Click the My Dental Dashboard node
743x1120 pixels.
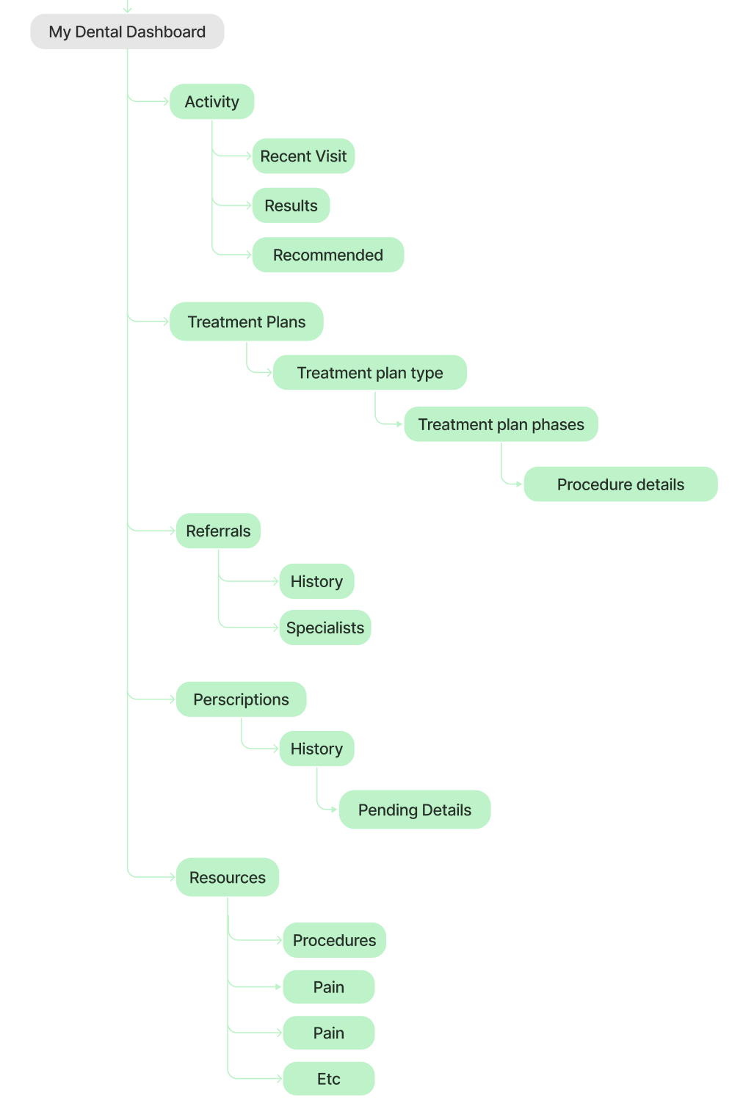click(127, 32)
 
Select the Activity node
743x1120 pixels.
click(212, 102)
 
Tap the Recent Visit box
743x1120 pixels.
click(303, 156)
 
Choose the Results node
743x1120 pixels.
click(291, 206)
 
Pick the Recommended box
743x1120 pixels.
click(328, 255)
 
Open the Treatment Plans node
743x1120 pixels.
click(247, 322)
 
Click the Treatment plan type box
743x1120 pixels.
click(370, 373)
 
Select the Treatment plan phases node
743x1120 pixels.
click(501, 424)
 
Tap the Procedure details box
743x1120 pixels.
click(620, 484)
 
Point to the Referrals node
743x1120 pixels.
click(218, 531)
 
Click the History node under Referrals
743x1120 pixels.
click(316, 581)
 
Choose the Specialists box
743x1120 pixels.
click(325, 628)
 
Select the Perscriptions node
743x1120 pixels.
click(241, 699)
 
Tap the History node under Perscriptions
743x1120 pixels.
click(316, 749)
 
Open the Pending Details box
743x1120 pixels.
click(415, 810)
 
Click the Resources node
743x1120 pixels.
click(228, 877)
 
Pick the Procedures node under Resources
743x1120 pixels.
click(334, 940)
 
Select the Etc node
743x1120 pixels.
click(329, 1079)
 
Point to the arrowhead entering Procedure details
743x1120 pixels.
click(519, 484)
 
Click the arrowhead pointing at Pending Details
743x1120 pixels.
click(334, 810)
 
